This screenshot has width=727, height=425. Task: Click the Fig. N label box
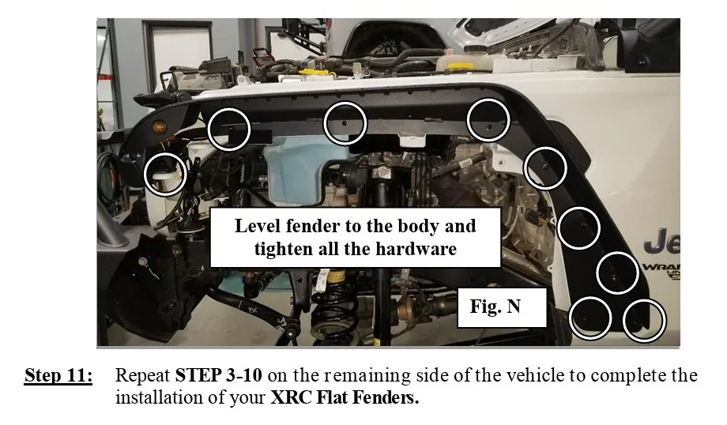click(502, 307)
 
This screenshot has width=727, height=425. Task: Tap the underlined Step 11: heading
click(58, 375)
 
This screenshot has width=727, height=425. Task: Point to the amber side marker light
click(159, 126)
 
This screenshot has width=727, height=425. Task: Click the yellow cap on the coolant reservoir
click(461, 66)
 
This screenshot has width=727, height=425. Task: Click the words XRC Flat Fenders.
click(345, 397)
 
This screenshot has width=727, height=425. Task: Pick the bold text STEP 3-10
click(218, 375)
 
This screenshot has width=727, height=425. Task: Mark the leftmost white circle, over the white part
click(165, 174)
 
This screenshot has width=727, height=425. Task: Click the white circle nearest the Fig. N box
click(590, 318)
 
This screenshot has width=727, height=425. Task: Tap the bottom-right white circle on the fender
click(645, 320)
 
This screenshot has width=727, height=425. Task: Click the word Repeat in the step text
click(143, 375)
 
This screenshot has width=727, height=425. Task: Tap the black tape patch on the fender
click(250, 136)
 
